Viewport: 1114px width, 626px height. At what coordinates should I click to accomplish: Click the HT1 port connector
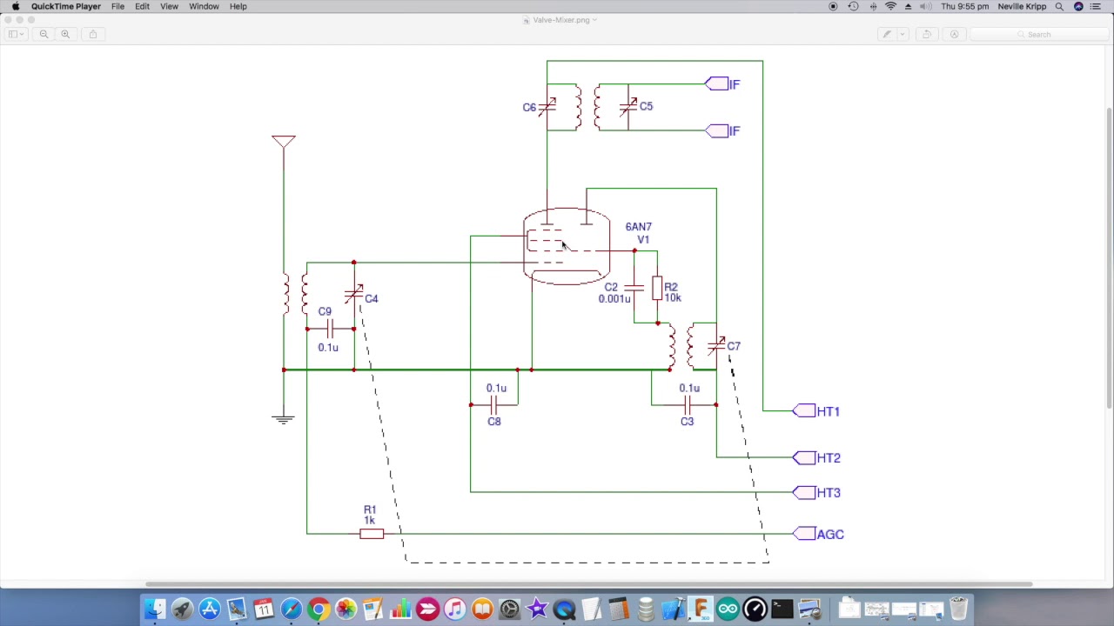(x=804, y=411)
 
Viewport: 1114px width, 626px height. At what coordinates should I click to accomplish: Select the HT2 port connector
(x=804, y=457)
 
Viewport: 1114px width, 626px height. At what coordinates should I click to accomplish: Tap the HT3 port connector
(x=804, y=492)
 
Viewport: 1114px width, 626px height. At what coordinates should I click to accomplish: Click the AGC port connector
(x=804, y=534)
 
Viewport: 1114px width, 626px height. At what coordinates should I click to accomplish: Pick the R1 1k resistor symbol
(x=372, y=534)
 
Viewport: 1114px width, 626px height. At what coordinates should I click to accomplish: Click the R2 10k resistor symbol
(x=657, y=289)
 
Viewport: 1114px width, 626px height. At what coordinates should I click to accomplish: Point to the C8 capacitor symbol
(x=494, y=404)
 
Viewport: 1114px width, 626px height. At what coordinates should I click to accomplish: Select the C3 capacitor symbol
(x=688, y=404)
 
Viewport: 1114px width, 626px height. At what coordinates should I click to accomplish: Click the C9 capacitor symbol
(x=330, y=329)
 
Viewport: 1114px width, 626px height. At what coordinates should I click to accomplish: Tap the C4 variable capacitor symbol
(x=353, y=295)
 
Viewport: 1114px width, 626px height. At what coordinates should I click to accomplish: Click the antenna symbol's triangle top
(x=284, y=141)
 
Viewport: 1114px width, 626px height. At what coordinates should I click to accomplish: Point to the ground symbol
(x=283, y=420)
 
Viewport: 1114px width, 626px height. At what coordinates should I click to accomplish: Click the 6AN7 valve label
(x=638, y=227)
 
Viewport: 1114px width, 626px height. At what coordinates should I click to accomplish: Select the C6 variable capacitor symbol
(x=547, y=107)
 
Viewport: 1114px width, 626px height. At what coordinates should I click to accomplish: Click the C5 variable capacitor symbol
(x=627, y=107)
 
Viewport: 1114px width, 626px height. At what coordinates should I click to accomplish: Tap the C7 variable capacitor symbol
(x=716, y=346)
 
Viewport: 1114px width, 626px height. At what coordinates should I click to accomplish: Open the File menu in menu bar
(x=117, y=6)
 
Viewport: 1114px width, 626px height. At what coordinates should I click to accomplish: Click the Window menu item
(x=204, y=6)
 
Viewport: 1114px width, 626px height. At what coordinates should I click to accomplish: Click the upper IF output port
(x=717, y=84)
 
